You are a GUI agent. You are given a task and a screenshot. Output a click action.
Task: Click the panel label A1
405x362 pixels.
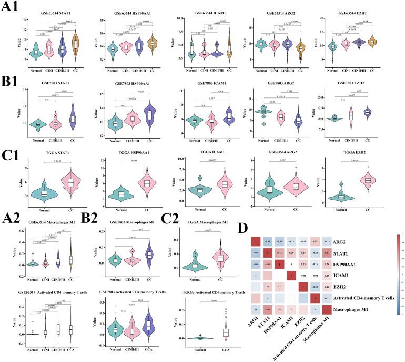11,7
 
